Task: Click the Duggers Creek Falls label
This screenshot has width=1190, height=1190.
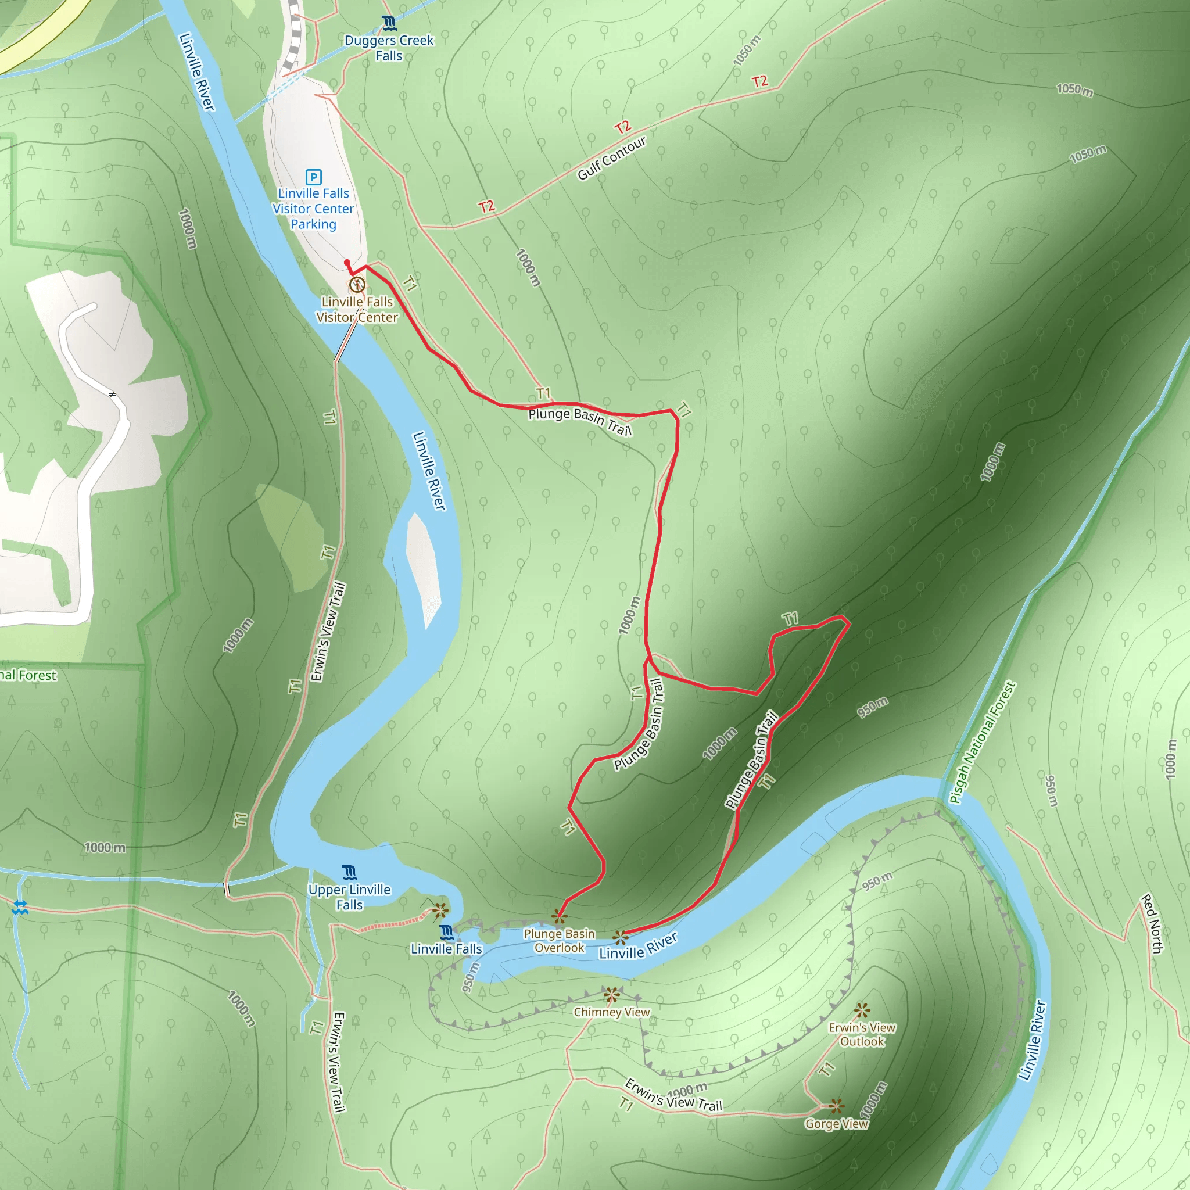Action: pos(389,48)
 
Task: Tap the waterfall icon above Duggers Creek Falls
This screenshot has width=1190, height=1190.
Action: pos(388,23)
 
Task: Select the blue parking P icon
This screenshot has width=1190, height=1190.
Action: pos(314,177)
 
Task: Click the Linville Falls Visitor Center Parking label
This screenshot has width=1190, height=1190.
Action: pos(314,209)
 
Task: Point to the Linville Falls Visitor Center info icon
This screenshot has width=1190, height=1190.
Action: pos(357,285)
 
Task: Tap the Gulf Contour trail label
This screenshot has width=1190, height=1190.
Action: pos(612,158)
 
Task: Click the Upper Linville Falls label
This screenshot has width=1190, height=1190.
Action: pos(349,897)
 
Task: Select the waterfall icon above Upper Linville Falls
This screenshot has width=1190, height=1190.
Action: pos(349,872)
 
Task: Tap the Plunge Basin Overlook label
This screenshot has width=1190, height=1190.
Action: pos(560,941)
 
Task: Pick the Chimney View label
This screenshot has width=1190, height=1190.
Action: pos(612,1012)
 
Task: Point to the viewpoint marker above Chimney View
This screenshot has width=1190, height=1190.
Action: pos(611,995)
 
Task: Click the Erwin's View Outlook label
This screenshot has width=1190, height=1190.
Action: pos(862,1034)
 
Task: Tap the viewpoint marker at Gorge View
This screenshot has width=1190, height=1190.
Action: pos(836,1106)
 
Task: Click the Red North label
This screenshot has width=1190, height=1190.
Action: pos(1152,924)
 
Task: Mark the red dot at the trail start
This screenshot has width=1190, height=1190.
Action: pos(347,263)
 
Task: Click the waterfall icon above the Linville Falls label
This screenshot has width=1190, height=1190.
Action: pos(447,931)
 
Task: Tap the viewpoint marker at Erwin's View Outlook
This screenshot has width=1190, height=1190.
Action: pos(862,1010)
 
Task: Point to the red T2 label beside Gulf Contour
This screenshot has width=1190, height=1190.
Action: pos(623,127)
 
